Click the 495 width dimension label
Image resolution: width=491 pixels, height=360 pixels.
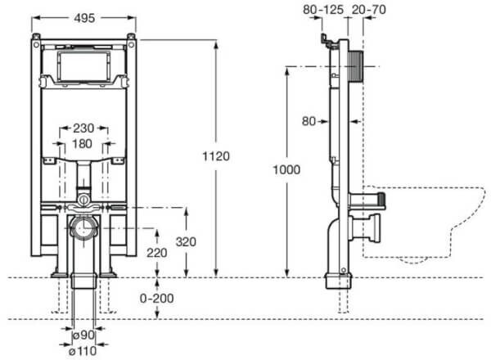(x=84, y=18)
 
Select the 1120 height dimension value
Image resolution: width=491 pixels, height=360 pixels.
(x=216, y=156)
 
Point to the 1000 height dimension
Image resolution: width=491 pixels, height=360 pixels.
(x=286, y=169)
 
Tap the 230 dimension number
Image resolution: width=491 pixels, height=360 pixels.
(x=83, y=128)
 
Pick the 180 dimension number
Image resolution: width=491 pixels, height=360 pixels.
(x=82, y=144)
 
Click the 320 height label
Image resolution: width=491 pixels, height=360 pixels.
(x=186, y=241)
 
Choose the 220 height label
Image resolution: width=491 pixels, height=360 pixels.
(x=157, y=253)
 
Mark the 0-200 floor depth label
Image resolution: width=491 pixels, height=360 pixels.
(x=156, y=299)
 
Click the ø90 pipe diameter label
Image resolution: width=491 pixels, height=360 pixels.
(x=83, y=335)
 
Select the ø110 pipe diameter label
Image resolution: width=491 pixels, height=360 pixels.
(x=83, y=351)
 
